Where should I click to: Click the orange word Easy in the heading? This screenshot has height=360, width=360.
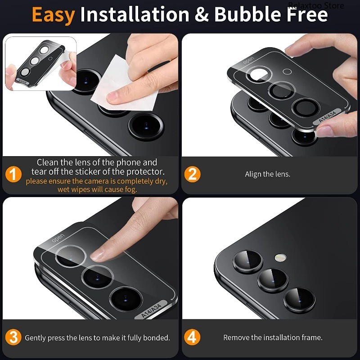tap(53, 15)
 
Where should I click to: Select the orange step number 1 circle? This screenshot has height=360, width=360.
tap(13, 174)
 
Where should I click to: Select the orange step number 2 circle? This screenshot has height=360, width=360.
tap(192, 174)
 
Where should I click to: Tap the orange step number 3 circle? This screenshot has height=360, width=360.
tap(13, 337)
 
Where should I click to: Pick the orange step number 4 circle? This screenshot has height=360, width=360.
tap(192, 337)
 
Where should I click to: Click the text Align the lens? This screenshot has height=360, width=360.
tap(267, 174)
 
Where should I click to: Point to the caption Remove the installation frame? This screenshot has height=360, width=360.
tap(273, 337)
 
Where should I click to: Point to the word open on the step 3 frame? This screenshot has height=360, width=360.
tap(58, 237)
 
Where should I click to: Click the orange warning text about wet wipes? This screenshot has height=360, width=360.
tap(96, 185)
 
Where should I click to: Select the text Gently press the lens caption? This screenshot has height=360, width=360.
tap(97, 337)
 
